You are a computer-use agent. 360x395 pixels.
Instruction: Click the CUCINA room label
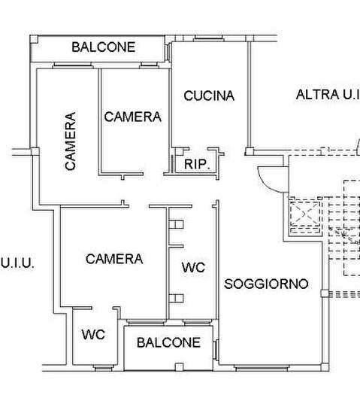point(209,96)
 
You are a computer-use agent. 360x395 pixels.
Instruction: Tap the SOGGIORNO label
point(266,284)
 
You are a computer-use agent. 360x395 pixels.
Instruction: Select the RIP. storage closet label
point(196,163)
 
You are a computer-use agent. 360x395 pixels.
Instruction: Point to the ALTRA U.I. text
point(327,95)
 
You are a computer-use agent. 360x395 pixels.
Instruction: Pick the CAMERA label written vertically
point(70,141)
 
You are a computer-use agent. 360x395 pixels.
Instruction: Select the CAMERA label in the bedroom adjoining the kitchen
point(132,117)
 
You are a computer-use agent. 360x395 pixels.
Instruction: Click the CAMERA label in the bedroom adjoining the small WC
point(114,259)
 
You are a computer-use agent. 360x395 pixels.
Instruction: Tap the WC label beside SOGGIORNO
point(193,267)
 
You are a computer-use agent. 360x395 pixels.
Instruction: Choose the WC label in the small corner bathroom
point(92,333)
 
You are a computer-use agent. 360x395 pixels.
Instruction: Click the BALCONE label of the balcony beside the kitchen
point(104,47)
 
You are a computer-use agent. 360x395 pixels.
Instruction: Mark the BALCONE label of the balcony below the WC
point(168,342)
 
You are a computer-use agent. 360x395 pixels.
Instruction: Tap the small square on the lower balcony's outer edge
point(179,366)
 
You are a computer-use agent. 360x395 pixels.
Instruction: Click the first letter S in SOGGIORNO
point(228,284)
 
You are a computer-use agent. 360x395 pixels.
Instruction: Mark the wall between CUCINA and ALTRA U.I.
point(249,98)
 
